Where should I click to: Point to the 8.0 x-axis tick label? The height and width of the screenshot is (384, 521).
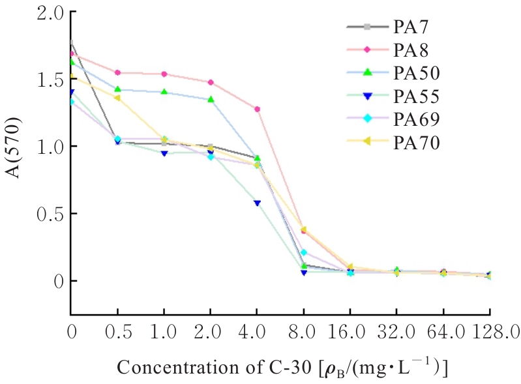coord(305,332)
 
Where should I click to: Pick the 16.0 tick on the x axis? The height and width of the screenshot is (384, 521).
coord(351,332)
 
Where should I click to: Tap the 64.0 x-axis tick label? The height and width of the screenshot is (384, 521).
coord(444,332)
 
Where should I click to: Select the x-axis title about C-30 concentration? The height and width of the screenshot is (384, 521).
coord(282,367)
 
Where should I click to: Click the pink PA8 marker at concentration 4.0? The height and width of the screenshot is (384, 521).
coord(258,109)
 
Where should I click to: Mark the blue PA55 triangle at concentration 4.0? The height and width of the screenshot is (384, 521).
coord(258,203)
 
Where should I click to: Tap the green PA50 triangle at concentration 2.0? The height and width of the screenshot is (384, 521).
coord(211,99)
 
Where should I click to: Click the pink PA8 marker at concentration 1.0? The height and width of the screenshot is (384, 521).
coord(164,74)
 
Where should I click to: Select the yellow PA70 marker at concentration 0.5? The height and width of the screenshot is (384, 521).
coord(117,98)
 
